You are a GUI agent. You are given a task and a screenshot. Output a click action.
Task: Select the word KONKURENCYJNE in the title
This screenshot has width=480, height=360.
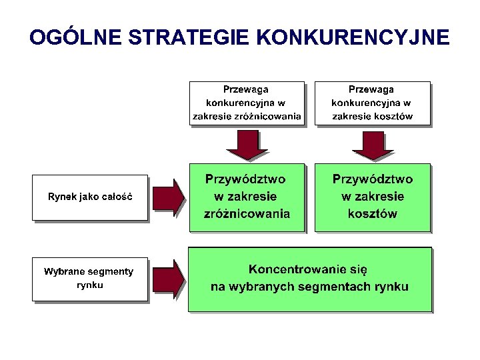352,37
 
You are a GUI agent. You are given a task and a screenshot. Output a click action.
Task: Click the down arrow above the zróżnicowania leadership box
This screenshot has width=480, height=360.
247,145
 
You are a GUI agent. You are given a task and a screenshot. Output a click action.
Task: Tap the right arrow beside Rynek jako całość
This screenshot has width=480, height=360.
169,197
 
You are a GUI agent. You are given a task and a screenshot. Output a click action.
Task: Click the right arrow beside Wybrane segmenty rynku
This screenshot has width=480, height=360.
169,279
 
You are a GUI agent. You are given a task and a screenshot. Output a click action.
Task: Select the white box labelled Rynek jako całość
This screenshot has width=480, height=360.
89,197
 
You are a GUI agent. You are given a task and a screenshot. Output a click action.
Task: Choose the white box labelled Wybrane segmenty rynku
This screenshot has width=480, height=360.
89,279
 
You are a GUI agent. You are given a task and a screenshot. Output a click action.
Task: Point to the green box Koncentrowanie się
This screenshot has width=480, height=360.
309,279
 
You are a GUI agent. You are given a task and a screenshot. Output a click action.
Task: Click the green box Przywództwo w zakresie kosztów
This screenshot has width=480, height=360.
372,197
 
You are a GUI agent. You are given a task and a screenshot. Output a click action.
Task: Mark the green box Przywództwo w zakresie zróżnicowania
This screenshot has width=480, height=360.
247,197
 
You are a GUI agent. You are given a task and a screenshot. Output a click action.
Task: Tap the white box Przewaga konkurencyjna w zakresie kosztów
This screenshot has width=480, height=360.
372,103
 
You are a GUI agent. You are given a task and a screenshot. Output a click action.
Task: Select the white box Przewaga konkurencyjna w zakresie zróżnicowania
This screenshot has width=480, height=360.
247,103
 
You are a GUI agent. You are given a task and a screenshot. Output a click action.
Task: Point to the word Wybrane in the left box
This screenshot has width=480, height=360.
64,271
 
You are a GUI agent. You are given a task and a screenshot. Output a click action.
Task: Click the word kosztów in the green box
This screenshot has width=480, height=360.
372,214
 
